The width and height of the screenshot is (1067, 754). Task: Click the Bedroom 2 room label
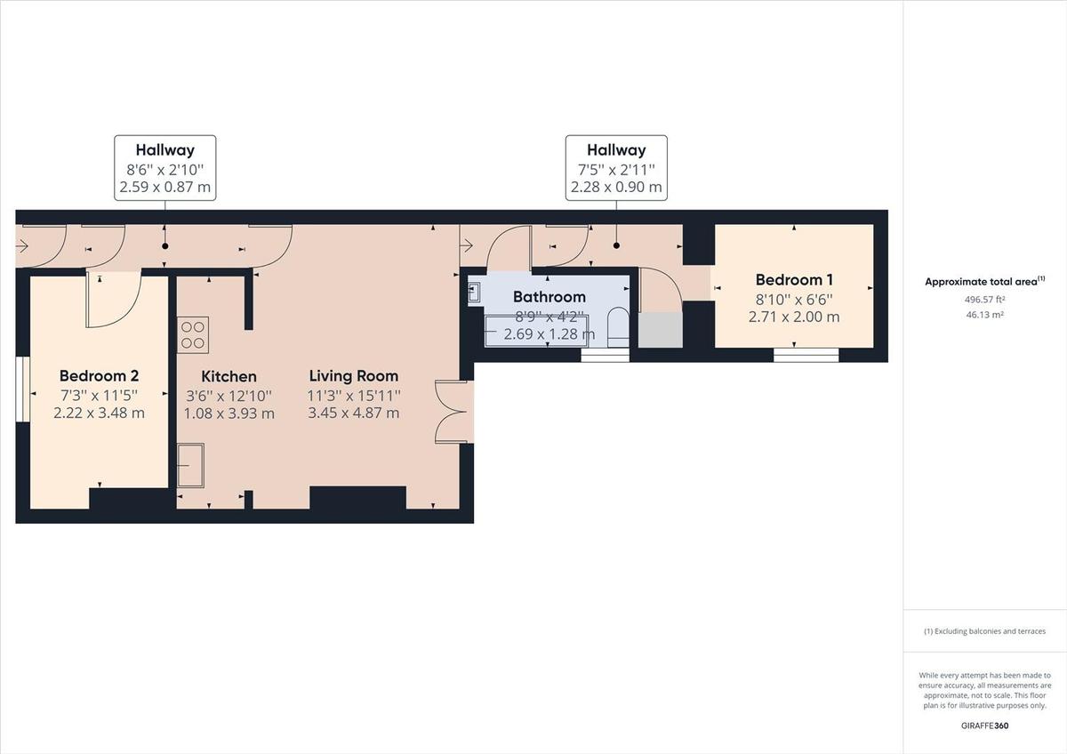click(x=99, y=376)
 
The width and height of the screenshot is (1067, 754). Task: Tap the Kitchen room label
click(x=229, y=377)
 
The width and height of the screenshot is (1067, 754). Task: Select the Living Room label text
click(x=353, y=376)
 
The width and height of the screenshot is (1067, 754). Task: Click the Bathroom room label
click(x=549, y=297)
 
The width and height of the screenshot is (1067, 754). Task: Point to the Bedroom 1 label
click(x=794, y=280)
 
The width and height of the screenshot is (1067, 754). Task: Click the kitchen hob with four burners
click(x=193, y=334)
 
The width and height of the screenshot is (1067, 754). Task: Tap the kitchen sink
click(x=190, y=466)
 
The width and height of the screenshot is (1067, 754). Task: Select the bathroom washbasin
click(x=474, y=292)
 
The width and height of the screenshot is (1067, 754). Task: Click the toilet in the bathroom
click(x=616, y=326)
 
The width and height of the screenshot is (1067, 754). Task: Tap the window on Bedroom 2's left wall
click(x=22, y=391)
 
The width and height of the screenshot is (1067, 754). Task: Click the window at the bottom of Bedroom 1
click(x=806, y=356)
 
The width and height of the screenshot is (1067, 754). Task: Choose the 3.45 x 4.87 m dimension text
click(x=353, y=413)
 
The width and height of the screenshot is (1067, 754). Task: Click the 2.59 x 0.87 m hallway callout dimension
click(x=165, y=188)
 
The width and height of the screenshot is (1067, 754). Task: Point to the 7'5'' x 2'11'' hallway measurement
click(x=616, y=169)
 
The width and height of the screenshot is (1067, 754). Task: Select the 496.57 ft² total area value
click(x=984, y=300)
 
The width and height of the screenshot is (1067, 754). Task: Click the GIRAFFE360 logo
click(x=984, y=726)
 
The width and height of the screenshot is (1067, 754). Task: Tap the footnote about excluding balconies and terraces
click(x=984, y=631)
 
